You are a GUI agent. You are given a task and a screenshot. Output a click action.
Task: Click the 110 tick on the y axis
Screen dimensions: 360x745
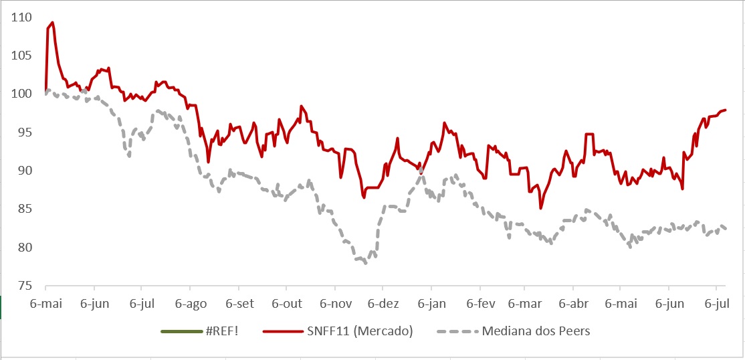pos(22,17)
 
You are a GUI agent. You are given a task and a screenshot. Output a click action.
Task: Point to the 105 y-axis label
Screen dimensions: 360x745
pos(22,55)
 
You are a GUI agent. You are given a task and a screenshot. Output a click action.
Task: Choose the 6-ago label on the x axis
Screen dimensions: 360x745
pos(191,303)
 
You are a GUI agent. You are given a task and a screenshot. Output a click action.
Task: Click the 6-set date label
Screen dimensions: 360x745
pos(239,303)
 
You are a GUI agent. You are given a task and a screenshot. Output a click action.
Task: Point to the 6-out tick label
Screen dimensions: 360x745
pos(287,303)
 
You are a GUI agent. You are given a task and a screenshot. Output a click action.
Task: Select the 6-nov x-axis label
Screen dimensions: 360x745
pos(336,303)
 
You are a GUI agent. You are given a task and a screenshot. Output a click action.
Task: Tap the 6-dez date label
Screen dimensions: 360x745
pos(383,303)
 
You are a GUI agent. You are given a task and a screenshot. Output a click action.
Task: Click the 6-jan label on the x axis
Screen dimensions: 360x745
pos(431,303)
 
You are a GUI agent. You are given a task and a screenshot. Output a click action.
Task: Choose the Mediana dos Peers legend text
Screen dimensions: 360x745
pos(536,331)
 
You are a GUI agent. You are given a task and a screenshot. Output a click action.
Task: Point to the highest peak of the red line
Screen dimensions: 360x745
pos(52,22)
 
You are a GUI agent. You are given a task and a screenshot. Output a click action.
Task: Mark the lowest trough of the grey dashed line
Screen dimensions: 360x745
pos(365,263)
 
